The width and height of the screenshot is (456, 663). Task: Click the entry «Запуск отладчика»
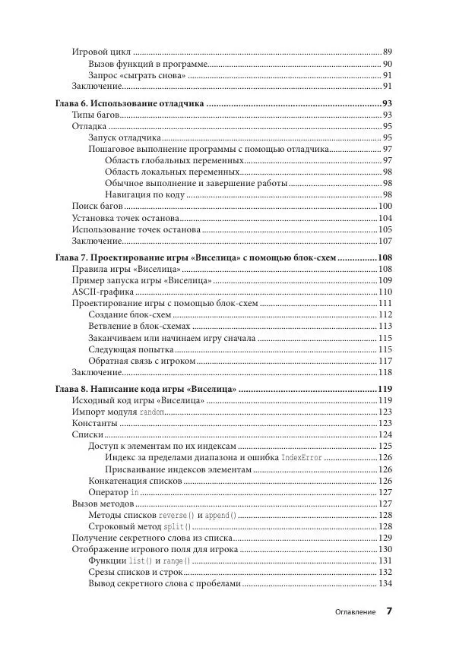click(x=124, y=138)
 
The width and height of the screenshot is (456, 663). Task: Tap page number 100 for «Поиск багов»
click(x=385, y=207)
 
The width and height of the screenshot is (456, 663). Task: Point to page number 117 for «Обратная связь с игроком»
click(x=385, y=361)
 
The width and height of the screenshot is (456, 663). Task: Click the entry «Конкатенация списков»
click(x=135, y=481)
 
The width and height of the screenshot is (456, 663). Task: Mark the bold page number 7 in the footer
click(x=388, y=611)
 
